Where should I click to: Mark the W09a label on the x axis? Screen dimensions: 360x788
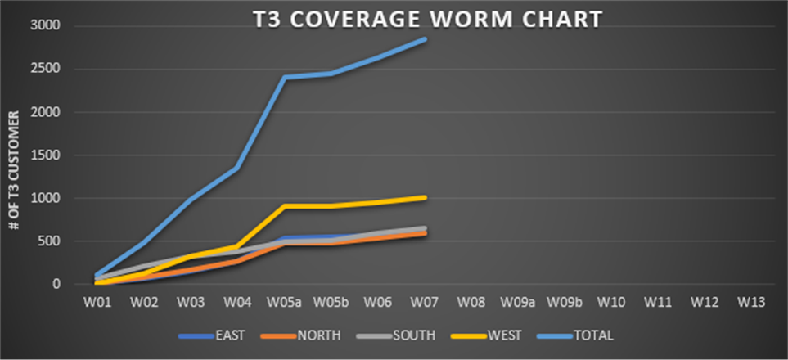[519, 301]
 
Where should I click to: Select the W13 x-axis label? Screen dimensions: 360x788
[751, 301]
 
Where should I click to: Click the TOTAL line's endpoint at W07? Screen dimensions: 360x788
[426, 38]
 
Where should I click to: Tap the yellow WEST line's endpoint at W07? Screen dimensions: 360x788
[426, 197]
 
